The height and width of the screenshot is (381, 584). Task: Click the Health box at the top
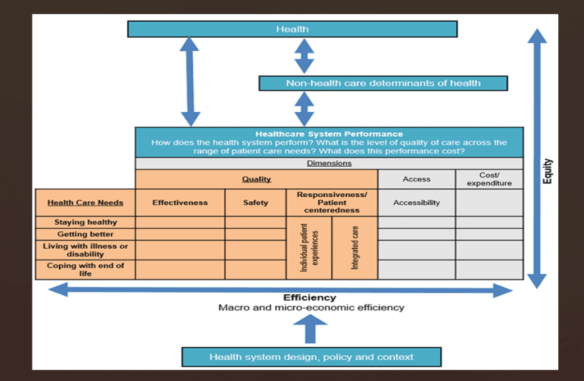292,29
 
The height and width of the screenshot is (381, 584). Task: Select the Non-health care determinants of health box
383,83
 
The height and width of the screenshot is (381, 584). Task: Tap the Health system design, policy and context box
311,357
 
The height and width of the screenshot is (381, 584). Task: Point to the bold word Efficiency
310,298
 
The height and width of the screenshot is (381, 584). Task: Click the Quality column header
256,179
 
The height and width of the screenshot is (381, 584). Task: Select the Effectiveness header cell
180,202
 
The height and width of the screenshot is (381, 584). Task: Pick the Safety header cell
255,202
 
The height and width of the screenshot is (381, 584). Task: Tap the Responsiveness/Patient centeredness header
332,202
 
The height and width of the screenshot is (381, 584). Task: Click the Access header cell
416,179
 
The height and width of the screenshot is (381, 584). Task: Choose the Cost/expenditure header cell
489,179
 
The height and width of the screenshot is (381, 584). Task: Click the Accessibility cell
416,202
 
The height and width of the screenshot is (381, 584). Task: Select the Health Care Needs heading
85,202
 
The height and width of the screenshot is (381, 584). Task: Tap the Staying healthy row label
85,222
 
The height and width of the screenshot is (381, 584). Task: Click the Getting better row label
85,234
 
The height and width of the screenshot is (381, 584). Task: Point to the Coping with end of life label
85,269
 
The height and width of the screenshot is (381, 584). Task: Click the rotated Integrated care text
355,248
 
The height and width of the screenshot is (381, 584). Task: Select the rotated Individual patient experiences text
309,248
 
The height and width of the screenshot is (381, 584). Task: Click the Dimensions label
329,163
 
